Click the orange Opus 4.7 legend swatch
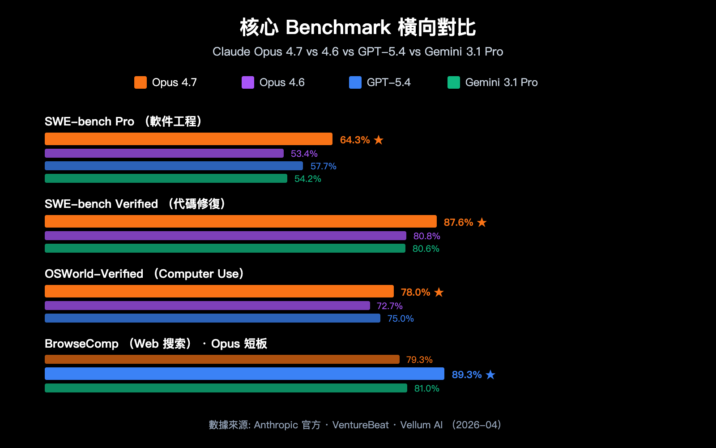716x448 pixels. click(x=140, y=82)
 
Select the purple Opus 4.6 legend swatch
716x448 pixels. click(x=247, y=82)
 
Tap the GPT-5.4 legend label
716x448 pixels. click(x=388, y=82)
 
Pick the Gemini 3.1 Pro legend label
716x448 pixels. click(x=501, y=82)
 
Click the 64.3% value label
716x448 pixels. click(x=355, y=140)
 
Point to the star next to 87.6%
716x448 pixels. click(x=482, y=222)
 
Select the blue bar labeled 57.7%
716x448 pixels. click(x=174, y=166)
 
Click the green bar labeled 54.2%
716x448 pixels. click(x=166, y=178)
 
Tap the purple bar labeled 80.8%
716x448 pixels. click(x=225, y=236)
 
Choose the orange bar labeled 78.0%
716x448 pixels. click(x=219, y=291)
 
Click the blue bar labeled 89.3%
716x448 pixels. click(x=244, y=374)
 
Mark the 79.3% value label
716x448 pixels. click(x=419, y=360)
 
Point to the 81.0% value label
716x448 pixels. click(x=426, y=388)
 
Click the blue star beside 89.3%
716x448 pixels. click(x=490, y=375)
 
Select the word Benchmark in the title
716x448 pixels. click(x=338, y=27)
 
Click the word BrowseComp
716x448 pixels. click(x=81, y=344)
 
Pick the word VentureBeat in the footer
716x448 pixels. click(x=360, y=425)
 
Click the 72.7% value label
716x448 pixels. click(x=389, y=306)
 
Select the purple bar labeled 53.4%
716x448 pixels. click(x=164, y=153)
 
